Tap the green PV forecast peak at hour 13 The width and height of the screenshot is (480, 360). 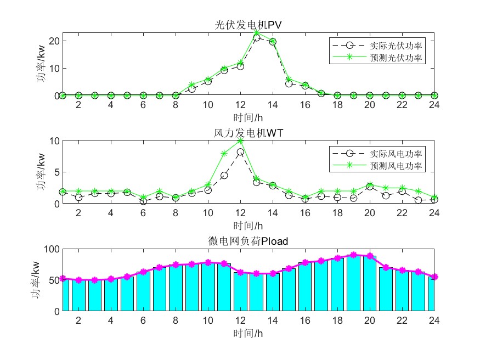257,33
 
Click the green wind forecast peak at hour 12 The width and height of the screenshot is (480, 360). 240,141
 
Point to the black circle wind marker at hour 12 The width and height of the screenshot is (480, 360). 240,152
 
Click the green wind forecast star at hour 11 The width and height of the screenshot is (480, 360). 224,154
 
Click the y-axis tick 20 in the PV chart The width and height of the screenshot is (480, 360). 54,41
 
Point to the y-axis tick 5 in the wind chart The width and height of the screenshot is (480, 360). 57,172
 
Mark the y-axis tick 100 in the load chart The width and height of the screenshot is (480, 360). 52,249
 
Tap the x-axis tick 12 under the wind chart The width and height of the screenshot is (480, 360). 240,213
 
